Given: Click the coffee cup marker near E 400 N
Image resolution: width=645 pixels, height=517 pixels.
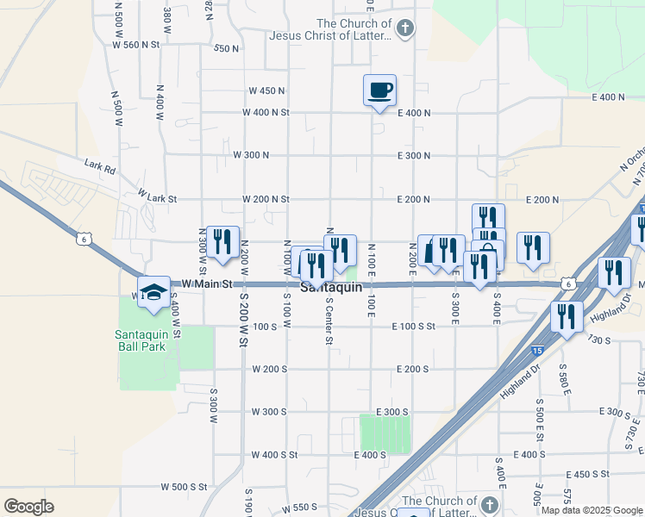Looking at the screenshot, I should [x=379, y=90].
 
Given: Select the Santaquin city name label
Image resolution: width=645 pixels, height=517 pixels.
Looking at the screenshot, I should [x=331, y=287].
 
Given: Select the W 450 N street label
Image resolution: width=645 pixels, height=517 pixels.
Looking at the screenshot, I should [x=266, y=90].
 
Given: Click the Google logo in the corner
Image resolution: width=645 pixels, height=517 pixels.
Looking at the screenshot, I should [x=28, y=507].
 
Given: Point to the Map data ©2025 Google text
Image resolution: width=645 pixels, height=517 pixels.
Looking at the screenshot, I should [x=592, y=510].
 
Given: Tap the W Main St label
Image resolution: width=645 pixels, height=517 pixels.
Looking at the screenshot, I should [x=208, y=283].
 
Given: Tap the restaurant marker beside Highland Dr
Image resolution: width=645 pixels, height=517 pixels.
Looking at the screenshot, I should [x=567, y=317].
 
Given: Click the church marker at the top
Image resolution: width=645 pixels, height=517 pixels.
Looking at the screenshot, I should [x=404, y=28].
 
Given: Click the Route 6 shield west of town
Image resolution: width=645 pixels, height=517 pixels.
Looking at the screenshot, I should [x=83, y=240].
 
